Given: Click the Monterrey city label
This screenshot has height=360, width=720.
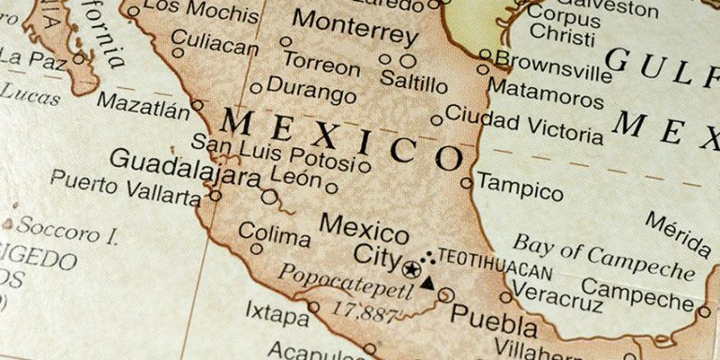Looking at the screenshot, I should [354, 28].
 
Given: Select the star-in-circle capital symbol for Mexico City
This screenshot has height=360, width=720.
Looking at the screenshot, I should [411, 268].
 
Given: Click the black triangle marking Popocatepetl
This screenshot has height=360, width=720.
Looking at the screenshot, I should [427, 282].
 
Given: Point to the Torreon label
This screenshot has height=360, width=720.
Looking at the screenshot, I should [322, 64].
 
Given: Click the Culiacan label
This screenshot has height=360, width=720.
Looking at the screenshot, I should [216, 45].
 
